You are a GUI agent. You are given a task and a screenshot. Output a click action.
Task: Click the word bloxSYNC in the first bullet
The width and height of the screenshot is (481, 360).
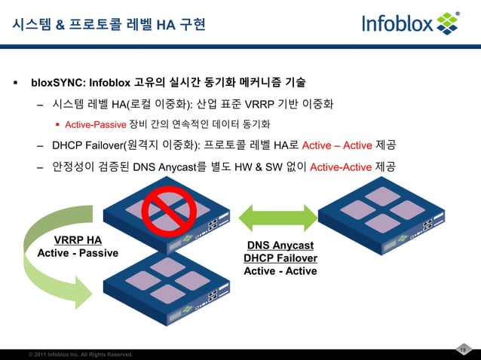point(58,81)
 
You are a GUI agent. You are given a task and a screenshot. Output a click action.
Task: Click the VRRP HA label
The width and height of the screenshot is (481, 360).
point(77,239)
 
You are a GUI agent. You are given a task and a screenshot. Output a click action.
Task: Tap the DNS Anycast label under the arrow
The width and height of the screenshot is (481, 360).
point(280,246)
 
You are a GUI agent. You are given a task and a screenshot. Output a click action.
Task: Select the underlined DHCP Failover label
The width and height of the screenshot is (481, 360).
point(280,258)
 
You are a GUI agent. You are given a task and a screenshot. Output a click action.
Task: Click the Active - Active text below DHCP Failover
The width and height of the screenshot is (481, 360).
point(280,271)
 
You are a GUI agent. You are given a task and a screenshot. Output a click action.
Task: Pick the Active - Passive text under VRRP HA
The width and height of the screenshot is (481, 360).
point(78,252)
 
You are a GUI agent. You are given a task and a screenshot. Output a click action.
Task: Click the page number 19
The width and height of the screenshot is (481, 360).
point(464,348)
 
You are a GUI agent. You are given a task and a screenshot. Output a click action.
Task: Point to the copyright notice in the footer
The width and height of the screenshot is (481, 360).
point(80,354)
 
